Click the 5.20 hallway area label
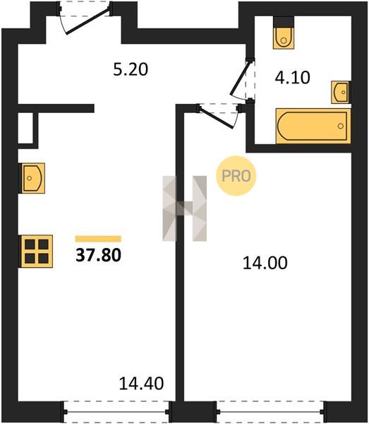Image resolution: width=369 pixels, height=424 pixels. pos(131,69)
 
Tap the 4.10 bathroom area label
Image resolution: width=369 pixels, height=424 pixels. pos(292,77)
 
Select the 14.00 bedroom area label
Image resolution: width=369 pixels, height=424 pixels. pos(265,263)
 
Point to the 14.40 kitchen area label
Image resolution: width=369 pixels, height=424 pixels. pos(141,383)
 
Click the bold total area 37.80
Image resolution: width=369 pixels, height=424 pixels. pos(98,255)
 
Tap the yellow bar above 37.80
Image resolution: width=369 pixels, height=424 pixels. pos(98,239)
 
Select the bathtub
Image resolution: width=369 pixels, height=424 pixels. pos(313,126)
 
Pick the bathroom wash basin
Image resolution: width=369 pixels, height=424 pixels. pos(341,92)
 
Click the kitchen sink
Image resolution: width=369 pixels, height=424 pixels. pos(32,178)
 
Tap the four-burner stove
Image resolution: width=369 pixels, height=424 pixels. pos(37,252)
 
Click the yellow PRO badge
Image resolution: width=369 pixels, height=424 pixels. pos(236,176)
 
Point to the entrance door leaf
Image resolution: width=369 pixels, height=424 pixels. pos(88,20)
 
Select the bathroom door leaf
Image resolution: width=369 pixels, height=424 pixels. pos(239,78)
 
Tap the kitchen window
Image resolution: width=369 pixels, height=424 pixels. pos(116,412)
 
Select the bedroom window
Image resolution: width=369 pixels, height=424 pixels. pos(271,412)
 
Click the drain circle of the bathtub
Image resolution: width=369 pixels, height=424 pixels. pos(341,126)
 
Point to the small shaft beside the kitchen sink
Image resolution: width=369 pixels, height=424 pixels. pos(25,128)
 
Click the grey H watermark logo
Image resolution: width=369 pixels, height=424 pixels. pos(185,208)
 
